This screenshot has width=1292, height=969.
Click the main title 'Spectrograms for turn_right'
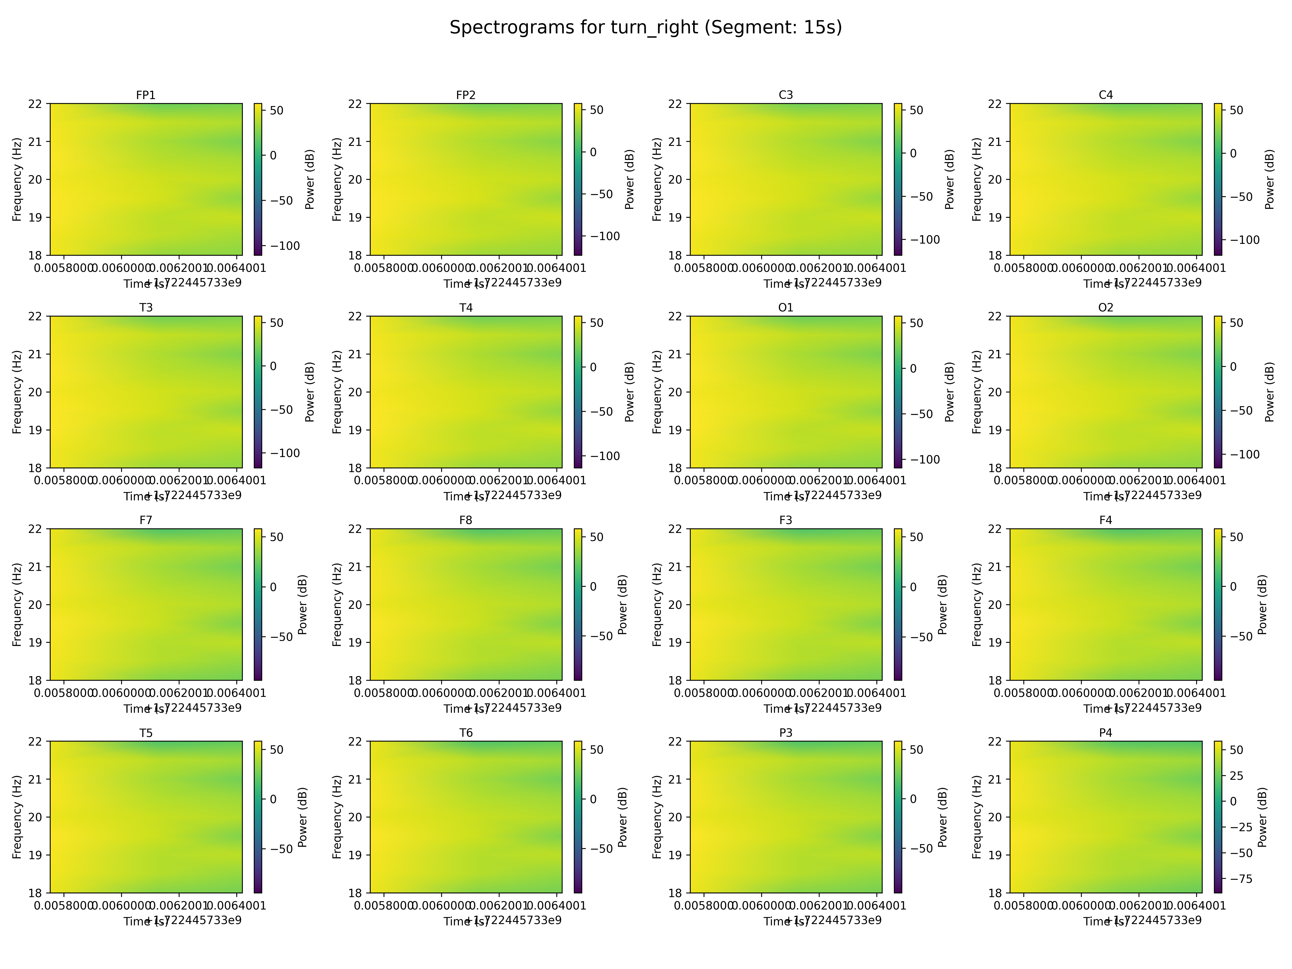645,27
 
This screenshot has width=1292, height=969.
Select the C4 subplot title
1106,95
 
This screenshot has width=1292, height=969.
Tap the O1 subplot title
786,308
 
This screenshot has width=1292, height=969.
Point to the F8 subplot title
465,520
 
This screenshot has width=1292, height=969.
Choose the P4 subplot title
1106,733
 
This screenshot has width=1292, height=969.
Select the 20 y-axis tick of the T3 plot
36,392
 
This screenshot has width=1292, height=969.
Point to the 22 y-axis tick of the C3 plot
676,104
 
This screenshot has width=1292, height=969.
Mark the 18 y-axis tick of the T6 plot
356,893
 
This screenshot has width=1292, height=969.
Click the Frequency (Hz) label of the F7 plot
17,605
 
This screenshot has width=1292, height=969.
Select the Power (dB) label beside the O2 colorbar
1269,392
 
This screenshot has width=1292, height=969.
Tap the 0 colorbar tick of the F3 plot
914,587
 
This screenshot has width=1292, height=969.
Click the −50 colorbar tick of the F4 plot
1237,636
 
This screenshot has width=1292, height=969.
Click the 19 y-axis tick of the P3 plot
676,855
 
